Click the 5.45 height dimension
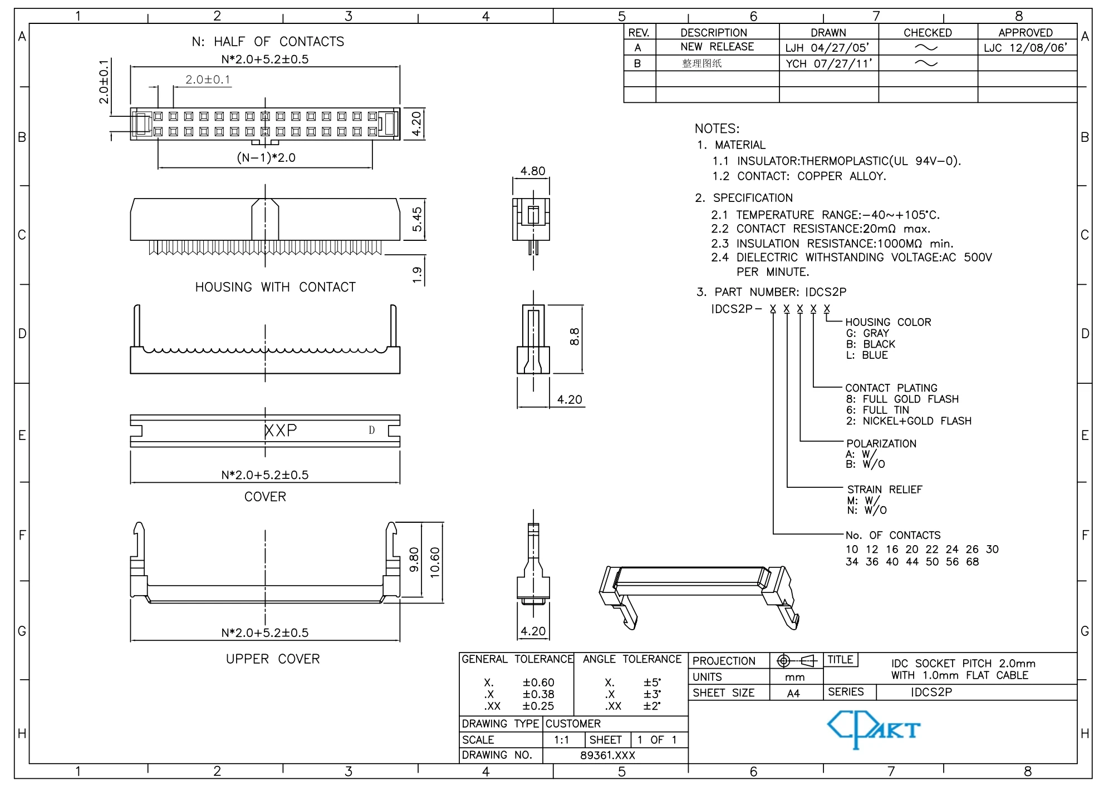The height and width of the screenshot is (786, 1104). click(x=417, y=220)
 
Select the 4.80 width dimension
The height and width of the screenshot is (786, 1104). click(x=533, y=171)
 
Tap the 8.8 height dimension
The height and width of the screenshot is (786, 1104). click(x=574, y=337)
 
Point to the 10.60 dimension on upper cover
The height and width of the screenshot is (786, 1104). click(x=435, y=562)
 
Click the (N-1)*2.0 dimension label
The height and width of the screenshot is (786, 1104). click(x=266, y=157)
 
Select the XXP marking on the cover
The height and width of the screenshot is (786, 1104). click(x=281, y=430)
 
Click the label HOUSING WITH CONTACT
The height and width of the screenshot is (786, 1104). click(x=275, y=287)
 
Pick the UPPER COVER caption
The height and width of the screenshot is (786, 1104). click(x=273, y=659)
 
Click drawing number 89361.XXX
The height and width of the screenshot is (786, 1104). click(x=607, y=755)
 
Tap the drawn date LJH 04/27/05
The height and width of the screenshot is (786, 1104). click(x=827, y=48)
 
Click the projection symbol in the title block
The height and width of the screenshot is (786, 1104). click(x=796, y=661)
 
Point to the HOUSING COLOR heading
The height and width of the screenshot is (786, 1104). click(x=888, y=322)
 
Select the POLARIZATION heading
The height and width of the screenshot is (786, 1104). click(x=881, y=443)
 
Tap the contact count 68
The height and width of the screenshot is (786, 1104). click(x=973, y=562)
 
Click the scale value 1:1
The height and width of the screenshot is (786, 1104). click(x=561, y=740)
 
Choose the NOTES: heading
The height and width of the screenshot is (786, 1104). click(x=717, y=128)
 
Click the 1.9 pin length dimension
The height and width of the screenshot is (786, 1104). click(x=417, y=274)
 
